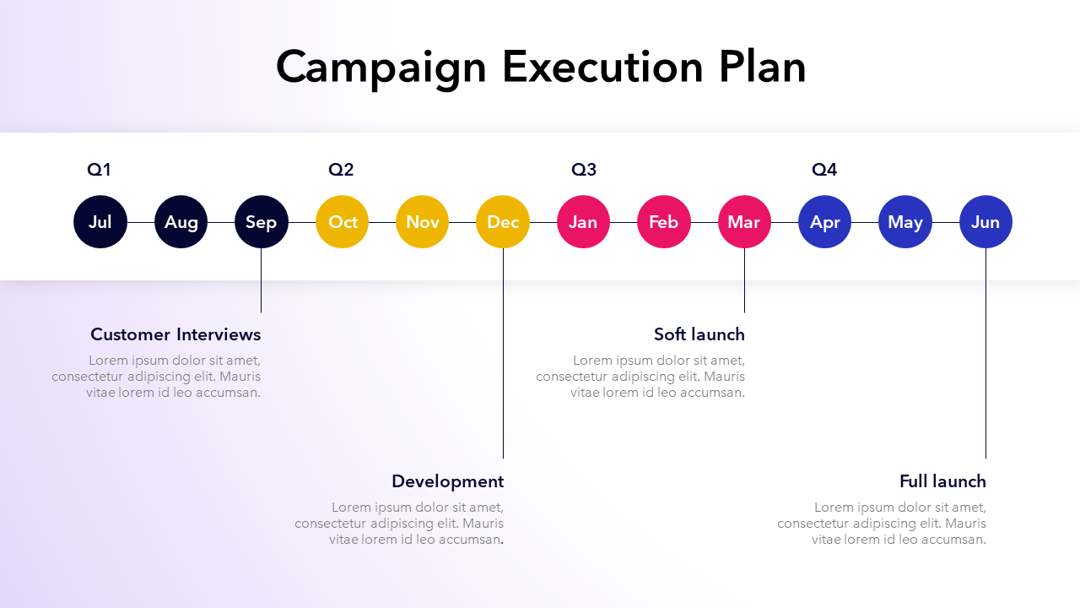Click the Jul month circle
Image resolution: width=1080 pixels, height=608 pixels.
coord(100,222)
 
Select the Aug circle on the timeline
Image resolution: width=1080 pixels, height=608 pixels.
coord(181,222)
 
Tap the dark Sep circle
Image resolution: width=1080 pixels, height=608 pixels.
coord(262,222)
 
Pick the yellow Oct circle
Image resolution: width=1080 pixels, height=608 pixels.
coord(342,222)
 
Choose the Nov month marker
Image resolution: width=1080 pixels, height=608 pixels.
coord(423,222)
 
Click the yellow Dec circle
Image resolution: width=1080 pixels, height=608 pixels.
coord(503,222)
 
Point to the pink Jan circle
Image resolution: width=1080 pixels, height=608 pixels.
coord(583,222)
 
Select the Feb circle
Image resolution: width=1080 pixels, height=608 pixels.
coord(664,222)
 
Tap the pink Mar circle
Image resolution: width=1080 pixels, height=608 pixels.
coord(744,222)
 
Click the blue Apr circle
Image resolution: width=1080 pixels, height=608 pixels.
coord(825,222)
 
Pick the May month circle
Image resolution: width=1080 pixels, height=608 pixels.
coord(905,222)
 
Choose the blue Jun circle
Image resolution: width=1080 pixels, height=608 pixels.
coord(986,222)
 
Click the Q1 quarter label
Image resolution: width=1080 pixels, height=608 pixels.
coord(99,170)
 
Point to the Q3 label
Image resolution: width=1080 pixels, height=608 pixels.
coord(584,170)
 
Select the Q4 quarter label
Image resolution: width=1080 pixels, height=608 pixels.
coord(824,170)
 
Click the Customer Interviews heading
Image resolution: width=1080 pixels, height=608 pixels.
coord(175,334)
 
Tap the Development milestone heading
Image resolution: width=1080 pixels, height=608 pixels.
coord(447,481)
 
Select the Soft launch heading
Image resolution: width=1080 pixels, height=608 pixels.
coord(699,334)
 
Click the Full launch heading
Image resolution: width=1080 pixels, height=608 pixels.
coord(942,481)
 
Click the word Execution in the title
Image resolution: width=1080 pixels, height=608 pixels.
coord(602,67)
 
